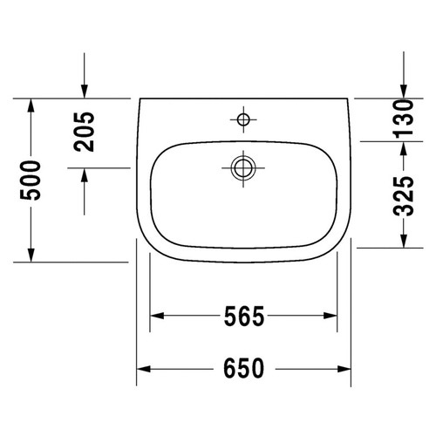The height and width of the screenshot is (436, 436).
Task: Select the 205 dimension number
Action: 85,133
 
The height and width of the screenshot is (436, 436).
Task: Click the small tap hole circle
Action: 242,117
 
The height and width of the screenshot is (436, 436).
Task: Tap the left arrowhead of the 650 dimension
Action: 143,368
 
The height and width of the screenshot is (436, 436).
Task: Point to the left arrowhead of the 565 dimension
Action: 158,316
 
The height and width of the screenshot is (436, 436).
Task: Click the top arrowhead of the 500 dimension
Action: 31,106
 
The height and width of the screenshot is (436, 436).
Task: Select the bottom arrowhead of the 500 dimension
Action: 31,254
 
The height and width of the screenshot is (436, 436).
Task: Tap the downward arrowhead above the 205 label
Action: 85,91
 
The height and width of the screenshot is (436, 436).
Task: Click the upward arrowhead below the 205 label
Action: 85,174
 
